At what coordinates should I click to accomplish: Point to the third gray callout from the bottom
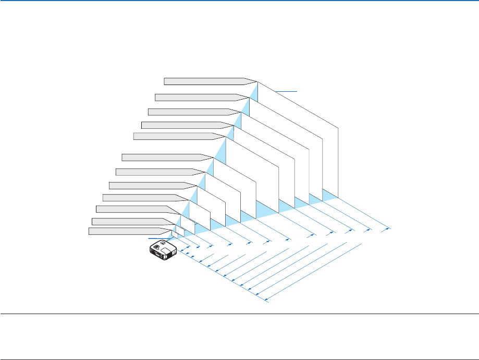click(133, 209)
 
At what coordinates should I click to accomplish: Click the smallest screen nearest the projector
click(175, 228)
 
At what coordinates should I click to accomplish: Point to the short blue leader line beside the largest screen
click(286, 91)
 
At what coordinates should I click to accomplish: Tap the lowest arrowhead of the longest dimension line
click(266, 300)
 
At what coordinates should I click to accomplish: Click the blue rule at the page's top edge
click(239, 1)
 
